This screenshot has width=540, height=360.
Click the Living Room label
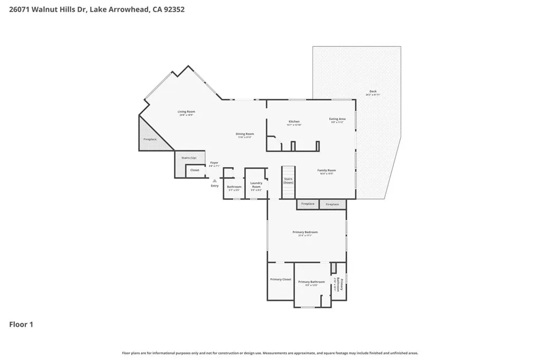click(186, 112)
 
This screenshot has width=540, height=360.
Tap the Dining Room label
click(245, 134)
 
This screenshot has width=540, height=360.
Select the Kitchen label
click(294, 122)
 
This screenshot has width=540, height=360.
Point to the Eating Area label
click(337, 119)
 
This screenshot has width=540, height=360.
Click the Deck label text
click(373, 92)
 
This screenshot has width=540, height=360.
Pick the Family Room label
click(326, 170)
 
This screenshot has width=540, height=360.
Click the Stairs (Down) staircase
click(288, 182)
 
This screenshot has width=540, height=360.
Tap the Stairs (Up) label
click(189, 158)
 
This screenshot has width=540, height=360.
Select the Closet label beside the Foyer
click(195, 170)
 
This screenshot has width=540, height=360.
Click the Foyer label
click(214, 163)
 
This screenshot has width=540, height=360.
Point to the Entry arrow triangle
click(214, 180)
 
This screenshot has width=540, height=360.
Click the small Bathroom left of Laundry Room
click(234, 187)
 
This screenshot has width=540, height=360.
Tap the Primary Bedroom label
click(305, 232)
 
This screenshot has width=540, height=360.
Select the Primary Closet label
click(281, 279)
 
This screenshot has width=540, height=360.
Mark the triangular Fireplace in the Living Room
click(150, 139)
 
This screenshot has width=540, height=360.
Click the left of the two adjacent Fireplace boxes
click(307, 204)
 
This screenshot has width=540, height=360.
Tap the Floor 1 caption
click(21, 325)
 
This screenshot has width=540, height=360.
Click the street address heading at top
click(97, 9)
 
